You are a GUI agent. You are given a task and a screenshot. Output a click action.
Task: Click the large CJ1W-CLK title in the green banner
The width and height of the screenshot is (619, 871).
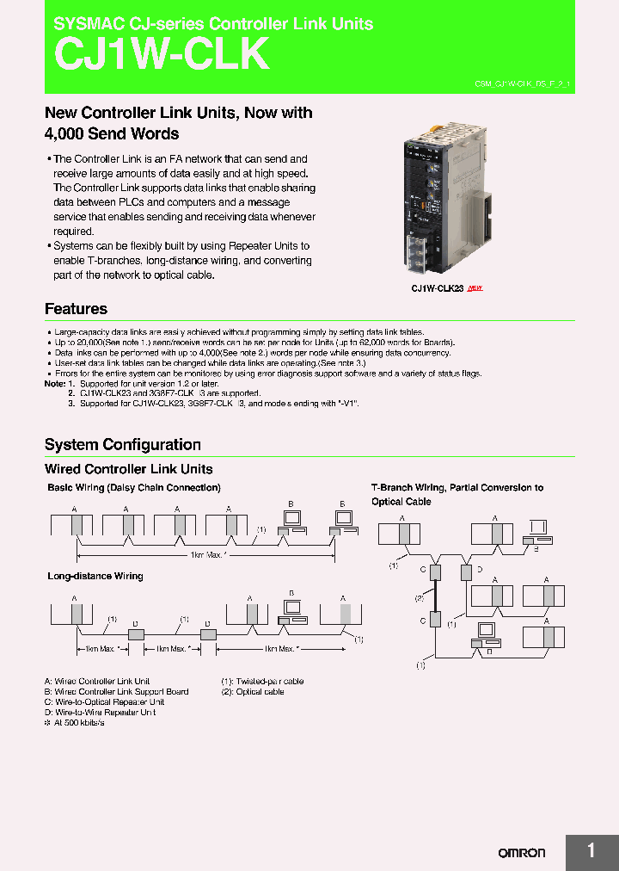[x=162, y=55]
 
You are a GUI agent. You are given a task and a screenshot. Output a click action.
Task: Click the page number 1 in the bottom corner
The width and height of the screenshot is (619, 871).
[x=591, y=851]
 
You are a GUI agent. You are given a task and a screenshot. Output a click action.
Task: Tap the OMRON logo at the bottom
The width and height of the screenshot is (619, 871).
[x=522, y=853]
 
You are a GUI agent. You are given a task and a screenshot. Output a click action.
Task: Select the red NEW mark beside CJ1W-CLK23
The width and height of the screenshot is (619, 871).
[x=475, y=288]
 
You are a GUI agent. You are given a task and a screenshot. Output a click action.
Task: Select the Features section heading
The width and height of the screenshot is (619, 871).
[x=76, y=309]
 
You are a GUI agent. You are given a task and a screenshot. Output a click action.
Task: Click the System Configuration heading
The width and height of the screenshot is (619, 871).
[x=122, y=444]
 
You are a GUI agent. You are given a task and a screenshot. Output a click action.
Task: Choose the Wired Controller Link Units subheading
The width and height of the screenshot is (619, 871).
[x=128, y=469]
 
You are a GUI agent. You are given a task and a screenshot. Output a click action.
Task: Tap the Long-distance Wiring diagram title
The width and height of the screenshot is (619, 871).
[x=95, y=576]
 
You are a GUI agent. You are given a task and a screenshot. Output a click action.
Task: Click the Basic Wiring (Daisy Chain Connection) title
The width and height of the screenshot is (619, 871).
[x=133, y=487]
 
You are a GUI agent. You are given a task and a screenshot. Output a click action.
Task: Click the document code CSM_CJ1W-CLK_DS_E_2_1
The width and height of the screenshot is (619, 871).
[x=523, y=84]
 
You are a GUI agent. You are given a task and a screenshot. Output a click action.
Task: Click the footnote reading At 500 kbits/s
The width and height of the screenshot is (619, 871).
[x=77, y=723]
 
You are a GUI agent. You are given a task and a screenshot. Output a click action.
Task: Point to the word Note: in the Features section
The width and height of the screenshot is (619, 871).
[x=54, y=384]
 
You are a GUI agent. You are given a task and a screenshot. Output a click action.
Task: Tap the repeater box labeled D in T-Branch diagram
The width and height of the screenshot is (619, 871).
[x=466, y=571]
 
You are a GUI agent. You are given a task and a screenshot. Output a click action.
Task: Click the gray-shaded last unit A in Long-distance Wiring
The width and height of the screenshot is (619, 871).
[x=346, y=615]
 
